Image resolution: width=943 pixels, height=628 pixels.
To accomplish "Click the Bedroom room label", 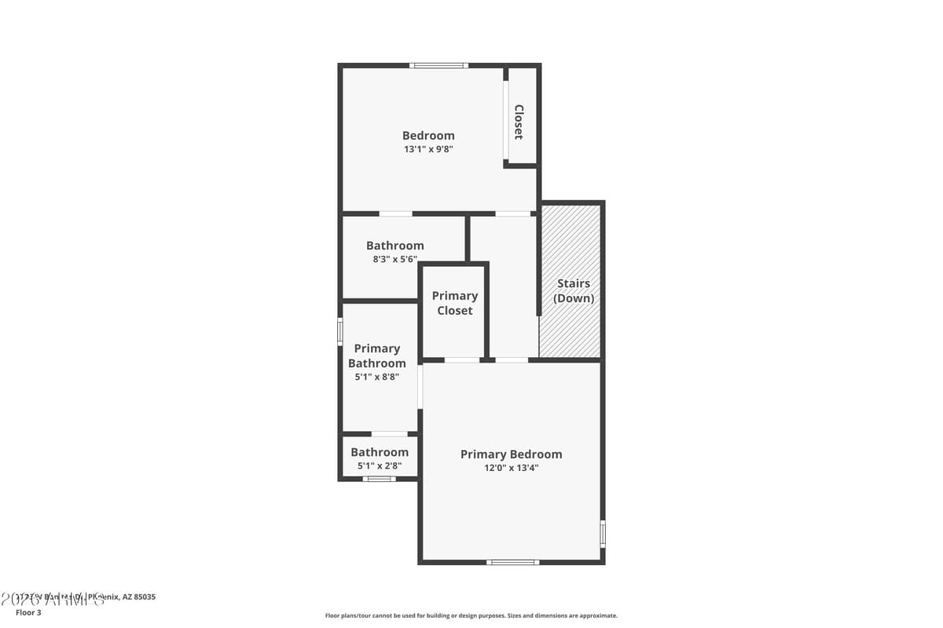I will (x=428, y=135).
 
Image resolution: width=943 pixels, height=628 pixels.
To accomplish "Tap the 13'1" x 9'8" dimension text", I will (x=428, y=149).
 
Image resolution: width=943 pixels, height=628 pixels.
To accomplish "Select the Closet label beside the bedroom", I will (x=519, y=122).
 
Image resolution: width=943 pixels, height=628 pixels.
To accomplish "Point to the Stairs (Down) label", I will (x=574, y=290).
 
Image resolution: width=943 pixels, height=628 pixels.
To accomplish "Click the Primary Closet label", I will (x=455, y=303).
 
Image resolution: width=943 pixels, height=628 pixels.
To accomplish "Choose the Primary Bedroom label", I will (x=511, y=454).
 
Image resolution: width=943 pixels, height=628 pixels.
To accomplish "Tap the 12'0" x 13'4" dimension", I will (x=511, y=468).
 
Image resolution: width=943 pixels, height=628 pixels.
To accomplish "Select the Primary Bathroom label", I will (x=377, y=356).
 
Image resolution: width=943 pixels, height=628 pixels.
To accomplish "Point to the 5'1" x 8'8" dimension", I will (x=377, y=377).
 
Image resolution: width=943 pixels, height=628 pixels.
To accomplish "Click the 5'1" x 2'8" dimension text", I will (x=380, y=466).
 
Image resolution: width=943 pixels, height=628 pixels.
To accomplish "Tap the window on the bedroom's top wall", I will (x=439, y=65).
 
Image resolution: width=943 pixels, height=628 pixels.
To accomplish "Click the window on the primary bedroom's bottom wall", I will (x=512, y=562).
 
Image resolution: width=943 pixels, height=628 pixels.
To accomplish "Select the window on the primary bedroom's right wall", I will (x=603, y=533).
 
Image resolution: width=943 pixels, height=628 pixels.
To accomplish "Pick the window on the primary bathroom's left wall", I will (x=340, y=330).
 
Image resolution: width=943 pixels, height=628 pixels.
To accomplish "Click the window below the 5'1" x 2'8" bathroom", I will (x=379, y=479).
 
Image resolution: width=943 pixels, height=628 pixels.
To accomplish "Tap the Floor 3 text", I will (x=28, y=612).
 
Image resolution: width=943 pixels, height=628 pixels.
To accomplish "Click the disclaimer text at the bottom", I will (x=472, y=615).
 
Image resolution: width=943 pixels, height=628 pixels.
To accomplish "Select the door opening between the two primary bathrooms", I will (x=389, y=434).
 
